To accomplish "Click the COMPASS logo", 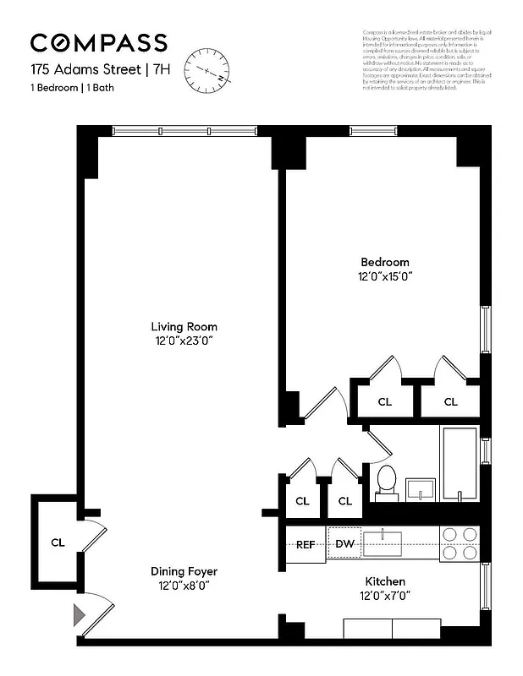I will pos(98,43).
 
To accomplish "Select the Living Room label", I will pos(184,327).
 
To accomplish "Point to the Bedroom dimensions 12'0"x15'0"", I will pos(384,276).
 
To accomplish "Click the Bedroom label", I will pos(385,262).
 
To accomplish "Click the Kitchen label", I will pos(384,581).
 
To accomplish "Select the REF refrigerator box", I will pos(305,544).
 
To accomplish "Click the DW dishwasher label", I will pos(344,543).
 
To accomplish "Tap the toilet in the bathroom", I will pos(386,480).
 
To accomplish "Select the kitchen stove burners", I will pos(460,542).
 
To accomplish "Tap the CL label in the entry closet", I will pos(58,542).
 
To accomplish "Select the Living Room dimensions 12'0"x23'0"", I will pos(184,341).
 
